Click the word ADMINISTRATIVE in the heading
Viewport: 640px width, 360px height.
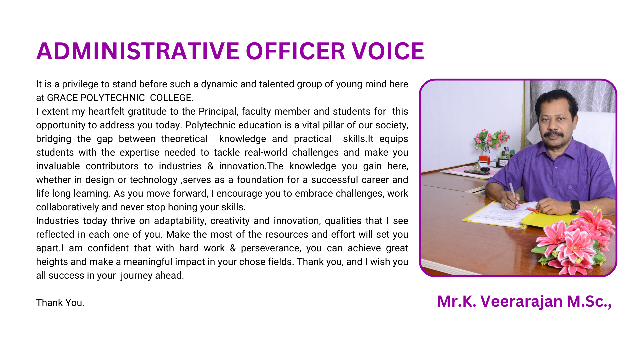(138, 51)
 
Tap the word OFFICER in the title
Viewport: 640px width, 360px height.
(295, 51)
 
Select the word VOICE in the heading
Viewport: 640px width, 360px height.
(388, 51)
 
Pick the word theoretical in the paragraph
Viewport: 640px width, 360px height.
(184, 139)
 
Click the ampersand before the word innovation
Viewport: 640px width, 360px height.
(210, 166)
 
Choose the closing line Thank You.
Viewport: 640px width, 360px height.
(60, 303)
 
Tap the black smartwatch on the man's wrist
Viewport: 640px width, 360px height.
(575, 207)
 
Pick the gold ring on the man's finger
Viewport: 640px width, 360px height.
(506, 204)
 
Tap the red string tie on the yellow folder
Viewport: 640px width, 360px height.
(532, 210)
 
